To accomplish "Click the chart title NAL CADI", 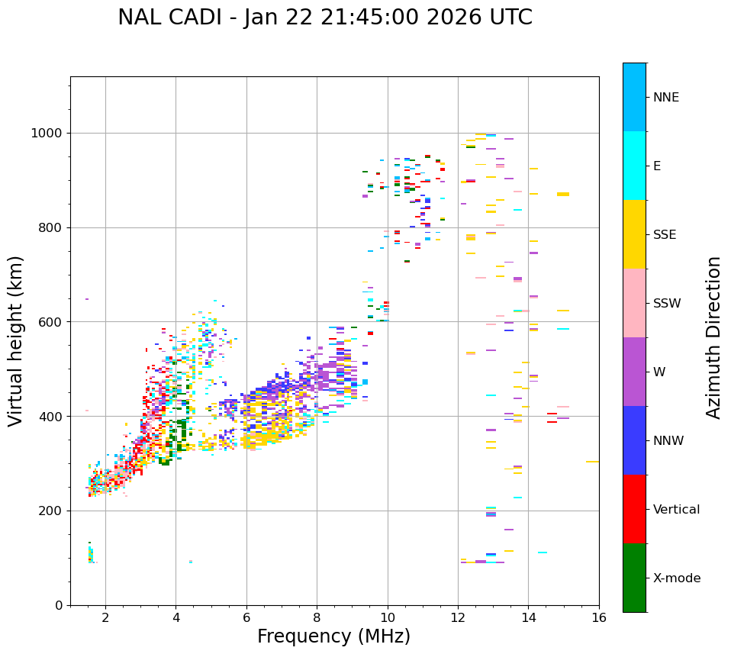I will [x=325, y=18].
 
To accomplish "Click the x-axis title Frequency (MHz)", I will [x=333, y=636].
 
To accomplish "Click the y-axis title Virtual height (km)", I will [x=16, y=340].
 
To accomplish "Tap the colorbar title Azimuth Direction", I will [x=714, y=337].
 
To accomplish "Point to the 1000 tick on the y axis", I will [x=47, y=133].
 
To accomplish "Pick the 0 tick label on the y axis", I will [x=58, y=605].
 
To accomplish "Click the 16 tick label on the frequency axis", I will [x=599, y=617].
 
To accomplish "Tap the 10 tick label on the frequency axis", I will [x=388, y=617].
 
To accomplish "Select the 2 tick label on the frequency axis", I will [x=105, y=617].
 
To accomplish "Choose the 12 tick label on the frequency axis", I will [x=458, y=617].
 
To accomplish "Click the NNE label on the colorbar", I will [x=665, y=98].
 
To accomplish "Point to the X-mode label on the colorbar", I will [x=677, y=578].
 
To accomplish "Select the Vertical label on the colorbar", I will [x=676, y=510].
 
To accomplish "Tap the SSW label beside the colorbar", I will [x=667, y=304].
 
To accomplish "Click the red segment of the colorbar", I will [x=634, y=509].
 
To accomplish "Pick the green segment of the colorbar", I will [x=634, y=578].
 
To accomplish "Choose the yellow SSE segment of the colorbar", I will [x=634, y=234].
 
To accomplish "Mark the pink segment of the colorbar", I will [x=634, y=303].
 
